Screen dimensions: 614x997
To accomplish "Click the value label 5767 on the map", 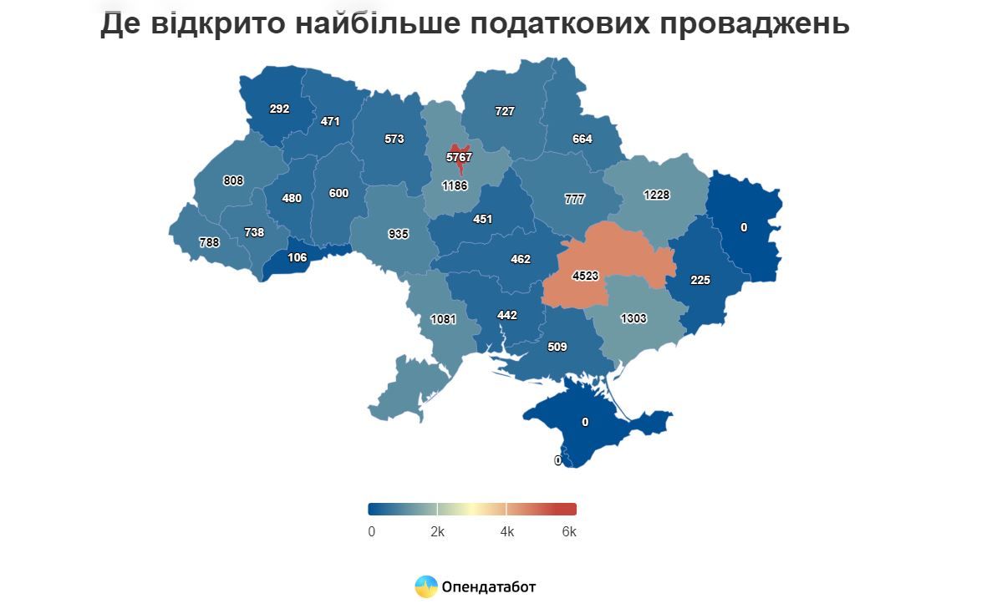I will (x=460, y=157).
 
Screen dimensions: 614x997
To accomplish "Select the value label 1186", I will (x=456, y=185).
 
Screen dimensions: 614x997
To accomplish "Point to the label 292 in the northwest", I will (x=278, y=109).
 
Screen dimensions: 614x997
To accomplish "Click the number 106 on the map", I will (x=297, y=257).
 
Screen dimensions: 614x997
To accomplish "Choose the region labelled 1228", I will (x=658, y=195).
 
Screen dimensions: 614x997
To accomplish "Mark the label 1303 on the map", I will (x=634, y=318).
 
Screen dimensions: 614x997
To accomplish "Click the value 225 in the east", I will (x=700, y=281).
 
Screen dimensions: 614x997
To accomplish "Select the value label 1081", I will (x=443, y=319).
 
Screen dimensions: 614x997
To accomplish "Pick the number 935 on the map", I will (x=399, y=234).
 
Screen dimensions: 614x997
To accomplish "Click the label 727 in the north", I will (x=505, y=111).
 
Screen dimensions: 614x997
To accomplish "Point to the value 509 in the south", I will (x=557, y=346).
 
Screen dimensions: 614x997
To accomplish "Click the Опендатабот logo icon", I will (x=426, y=586).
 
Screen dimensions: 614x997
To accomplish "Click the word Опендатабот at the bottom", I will (x=489, y=586).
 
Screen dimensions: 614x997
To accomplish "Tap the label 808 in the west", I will (x=233, y=180).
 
